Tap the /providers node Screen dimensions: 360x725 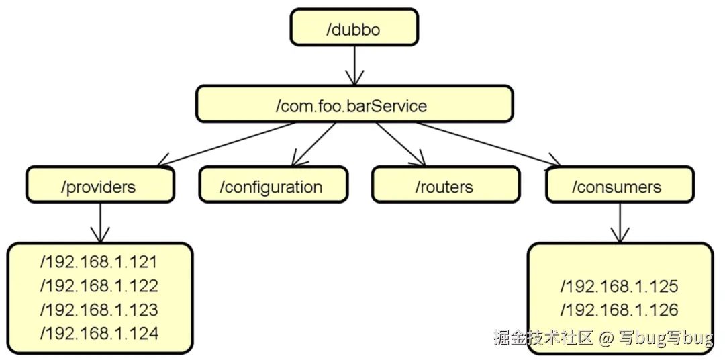[x=100, y=185]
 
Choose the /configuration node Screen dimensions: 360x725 [x=273, y=185]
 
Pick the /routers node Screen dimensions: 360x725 [x=445, y=185]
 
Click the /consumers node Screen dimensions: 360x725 [x=619, y=185]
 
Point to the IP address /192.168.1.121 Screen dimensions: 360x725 [x=99, y=263]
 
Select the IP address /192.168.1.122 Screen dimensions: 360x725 [x=99, y=286]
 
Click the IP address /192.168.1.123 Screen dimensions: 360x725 [x=99, y=310]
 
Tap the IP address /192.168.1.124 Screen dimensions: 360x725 [x=99, y=333]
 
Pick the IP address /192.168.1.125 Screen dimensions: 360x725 [x=619, y=287]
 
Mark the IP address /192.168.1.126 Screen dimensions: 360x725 [x=619, y=310]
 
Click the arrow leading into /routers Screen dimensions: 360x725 [x=400, y=144]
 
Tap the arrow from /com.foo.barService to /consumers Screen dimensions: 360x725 [x=487, y=143]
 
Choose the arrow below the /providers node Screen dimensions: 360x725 [x=100, y=222]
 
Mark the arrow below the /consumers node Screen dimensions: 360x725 [x=619, y=222]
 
